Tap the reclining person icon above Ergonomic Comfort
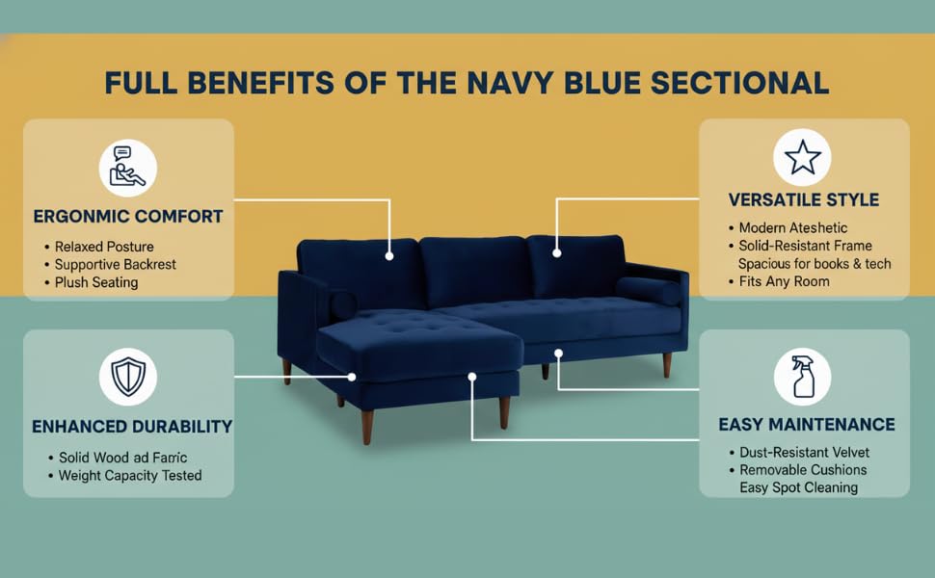tap(127, 168)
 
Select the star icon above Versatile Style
tap(802, 157)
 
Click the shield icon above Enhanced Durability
tap(128, 377)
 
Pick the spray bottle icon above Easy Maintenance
tap(803, 377)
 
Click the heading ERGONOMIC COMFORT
tap(128, 217)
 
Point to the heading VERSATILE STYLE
tap(804, 199)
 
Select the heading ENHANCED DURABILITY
tap(132, 427)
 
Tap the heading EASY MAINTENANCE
tap(807, 424)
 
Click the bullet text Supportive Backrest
tap(115, 265)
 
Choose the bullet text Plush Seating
tap(96, 282)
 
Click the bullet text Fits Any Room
tap(784, 281)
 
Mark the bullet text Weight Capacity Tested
tap(130, 476)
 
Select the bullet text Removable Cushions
tap(803, 469)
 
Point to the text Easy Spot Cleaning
tap(798, 487)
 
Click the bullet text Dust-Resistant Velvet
tap(805, 452)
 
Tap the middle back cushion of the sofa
tap(474, 270)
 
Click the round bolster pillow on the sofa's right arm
tap(648, 291)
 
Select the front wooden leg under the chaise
tap(367, 427)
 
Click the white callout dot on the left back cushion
tap(389, 256)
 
